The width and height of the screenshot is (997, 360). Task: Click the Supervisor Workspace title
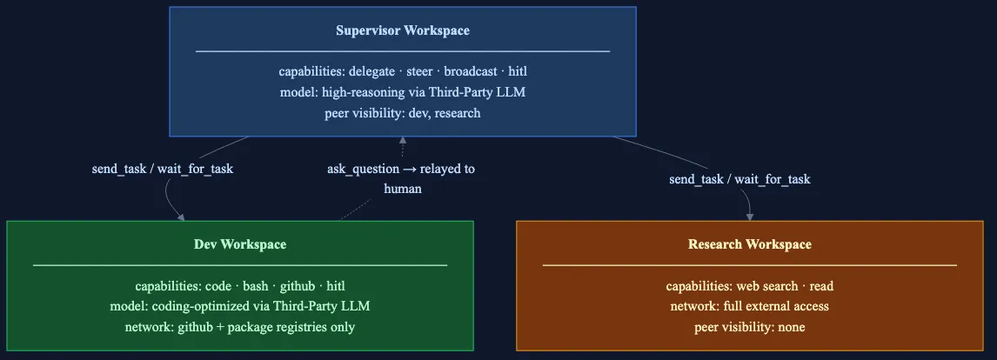[x=402, y=30]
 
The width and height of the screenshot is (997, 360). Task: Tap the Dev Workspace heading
[x=239, y=244]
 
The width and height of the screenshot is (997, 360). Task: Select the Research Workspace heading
[x=749, y=244]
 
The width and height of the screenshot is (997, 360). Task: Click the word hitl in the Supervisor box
[x=517, y=71]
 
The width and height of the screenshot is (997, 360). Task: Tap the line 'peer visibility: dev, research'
[x=402, y=113]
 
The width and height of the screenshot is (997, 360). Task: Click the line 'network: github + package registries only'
[x=239, y=327]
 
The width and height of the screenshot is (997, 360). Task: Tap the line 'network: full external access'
[x=749, y=306]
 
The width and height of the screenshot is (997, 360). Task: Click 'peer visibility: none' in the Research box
[x=749, y=327]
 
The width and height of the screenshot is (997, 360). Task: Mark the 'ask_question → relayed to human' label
[x=401, y=178]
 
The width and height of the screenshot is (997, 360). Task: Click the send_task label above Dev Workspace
[x=162, y=169]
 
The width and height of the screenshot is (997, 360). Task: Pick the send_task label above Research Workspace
[x=739, y=179]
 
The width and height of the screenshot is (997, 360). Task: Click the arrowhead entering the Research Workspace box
[x=749, y=216]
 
